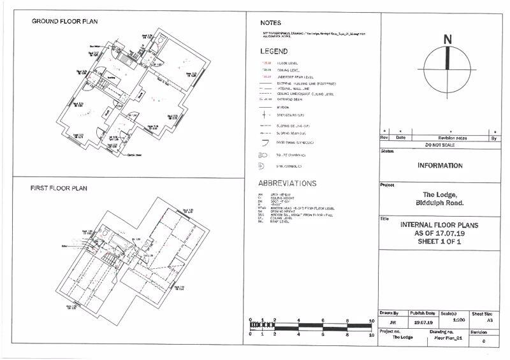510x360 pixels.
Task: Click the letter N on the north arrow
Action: pyautogui.click(x=448, y=40)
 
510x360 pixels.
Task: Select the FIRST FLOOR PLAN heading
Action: pyautogui.click(x=59, y=189)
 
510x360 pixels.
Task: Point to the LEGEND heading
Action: pyautogui.click(x=274, y=51)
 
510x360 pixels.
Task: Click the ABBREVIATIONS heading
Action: pyautogui.click(x=287, y=184)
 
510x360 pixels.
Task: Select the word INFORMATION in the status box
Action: pyautogui.click(x=440, y=166)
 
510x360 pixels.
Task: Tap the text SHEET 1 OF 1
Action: pyautogui.click(x=440, y=242)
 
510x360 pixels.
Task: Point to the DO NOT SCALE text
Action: pyautogui.click(x=440, y=145)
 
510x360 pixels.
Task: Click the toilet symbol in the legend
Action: pyautogui.click(x=262, y=155)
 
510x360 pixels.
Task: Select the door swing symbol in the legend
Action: pyautogui.click(x=262, y=143)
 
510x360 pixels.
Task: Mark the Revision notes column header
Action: pyautogui.click(x=453, y=138)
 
